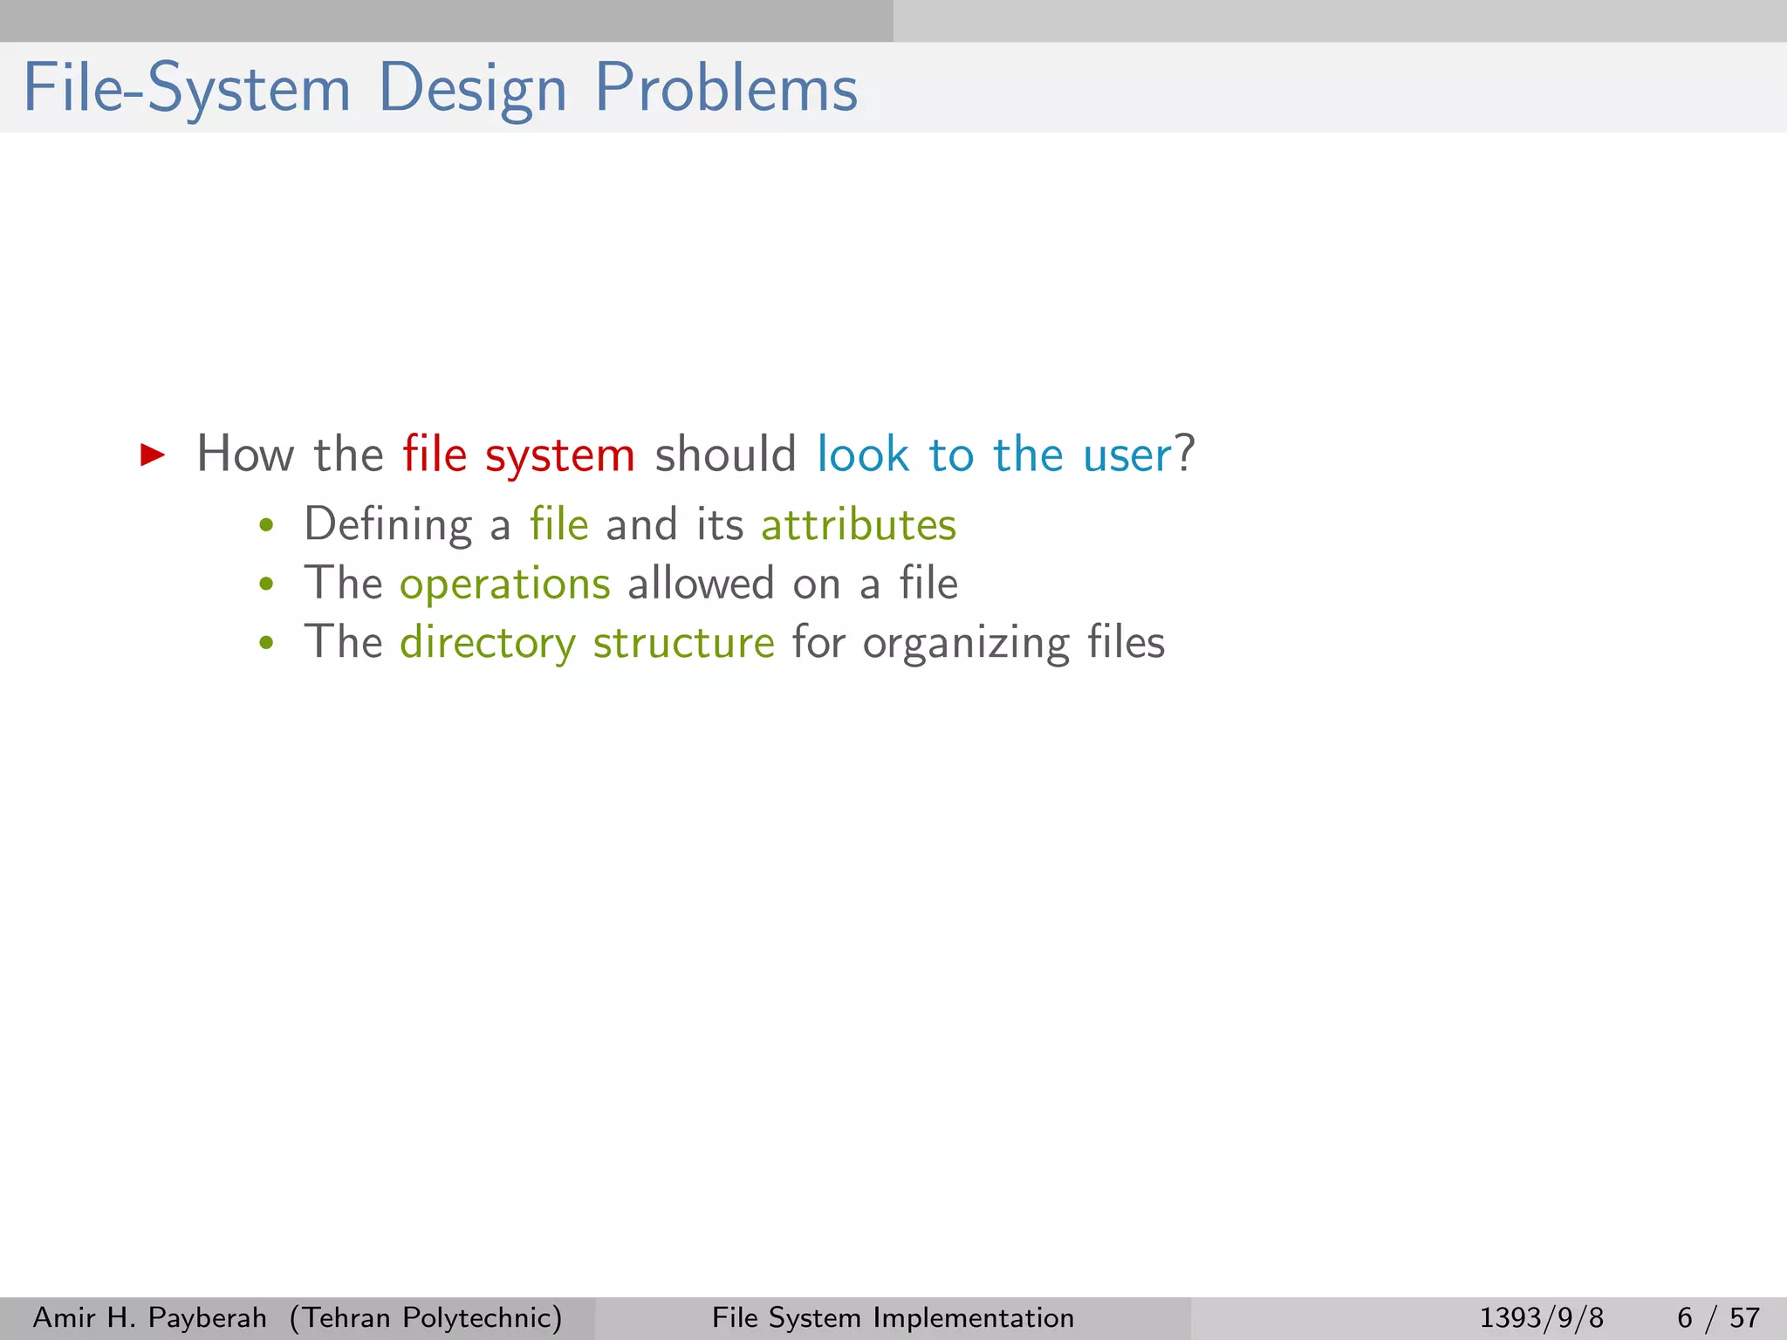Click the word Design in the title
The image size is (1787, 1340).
(x=472, y=90)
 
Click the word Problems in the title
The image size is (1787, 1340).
(x=726, y=88)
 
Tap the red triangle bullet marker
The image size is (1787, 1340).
(x=153, y=455)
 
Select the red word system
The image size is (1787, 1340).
(x=559, y=456)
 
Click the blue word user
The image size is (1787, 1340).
(x=1126, y=455)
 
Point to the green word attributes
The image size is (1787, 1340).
(x=859, y=525)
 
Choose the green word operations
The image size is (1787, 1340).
(x=504, y=585)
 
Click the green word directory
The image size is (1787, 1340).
(x=488, y=644)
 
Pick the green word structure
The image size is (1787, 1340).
(x=683, y=643)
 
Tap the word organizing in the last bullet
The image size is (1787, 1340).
(x=966, y=644)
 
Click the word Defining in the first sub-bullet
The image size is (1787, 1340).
(x=387, y=525)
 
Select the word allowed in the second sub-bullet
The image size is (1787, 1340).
(x=701, y=583)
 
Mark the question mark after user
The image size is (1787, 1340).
(x=1185, y=454)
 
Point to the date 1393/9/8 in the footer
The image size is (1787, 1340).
(x=1541, y=1317)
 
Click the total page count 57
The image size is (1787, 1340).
(x=1744, y=1317)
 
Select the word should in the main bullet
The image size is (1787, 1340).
(x=725, y=455)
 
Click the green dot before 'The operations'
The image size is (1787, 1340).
(x=267, y=585)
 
